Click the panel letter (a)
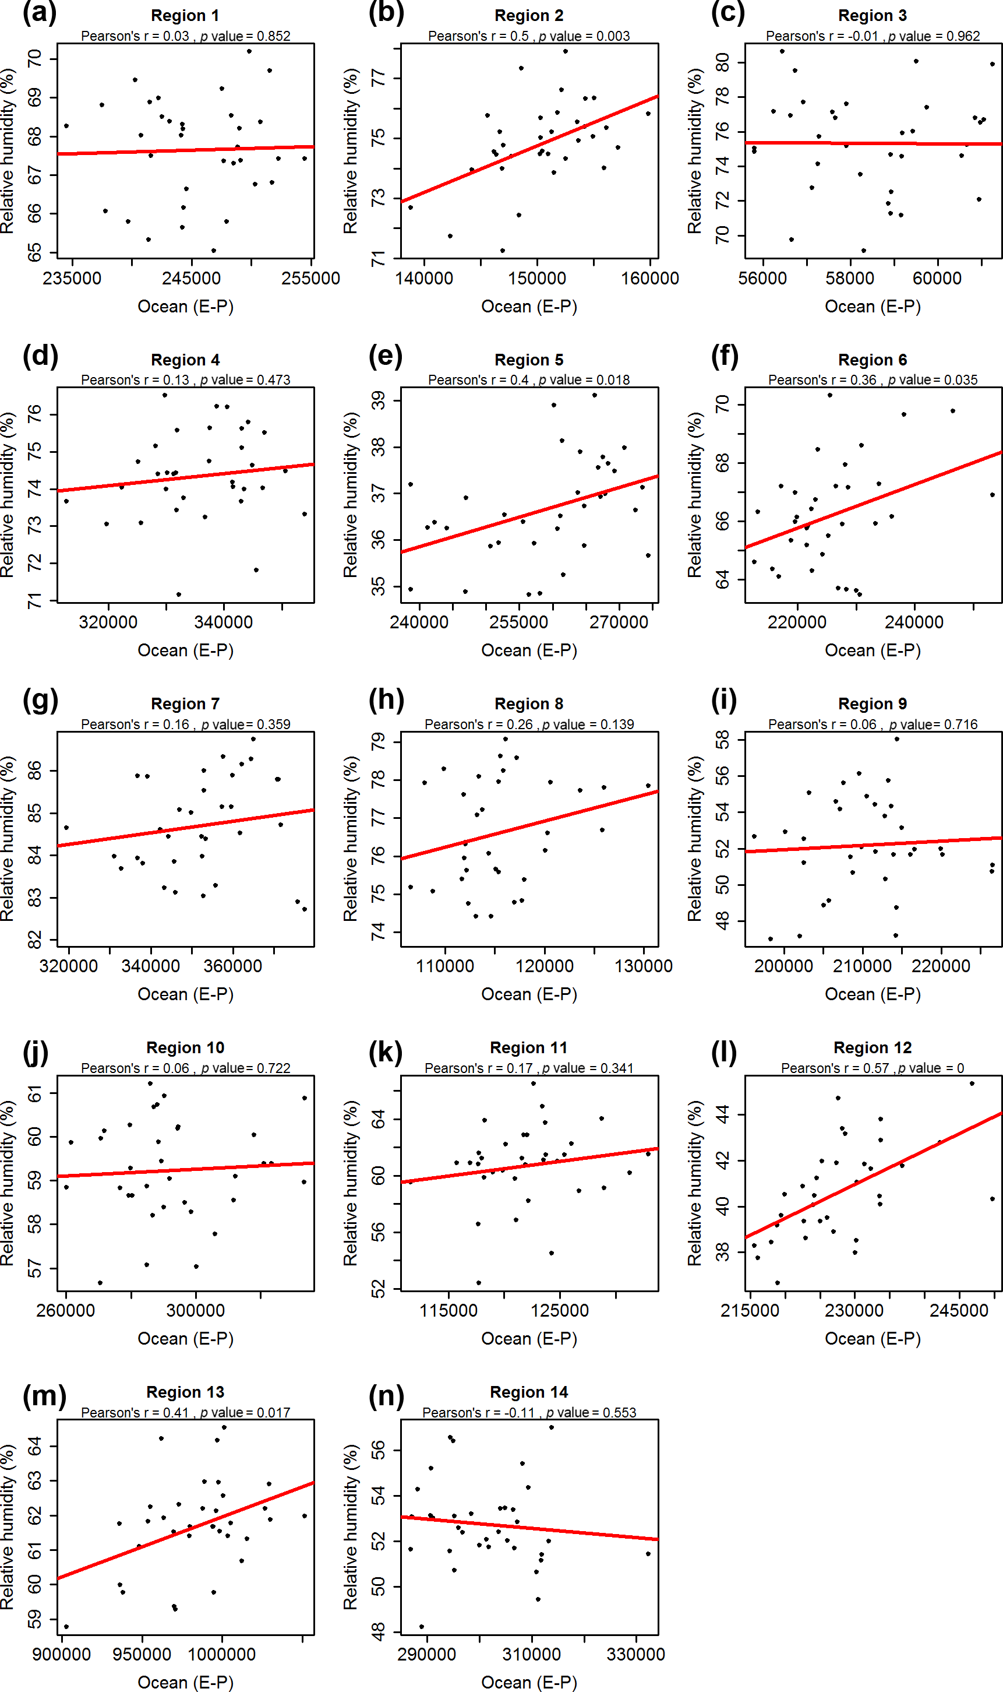point(39,13)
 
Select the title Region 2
point(528,16)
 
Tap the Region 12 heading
point(872,1047)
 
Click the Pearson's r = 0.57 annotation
point(835,1068)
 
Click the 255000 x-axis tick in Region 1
point(310,278)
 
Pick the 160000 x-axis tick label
point(649,278)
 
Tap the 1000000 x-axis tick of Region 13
point(221,1654)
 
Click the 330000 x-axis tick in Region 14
point(635,1654)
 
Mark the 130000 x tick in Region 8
point(643,966)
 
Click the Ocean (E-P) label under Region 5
point(528,650)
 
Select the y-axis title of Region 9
point(694,839)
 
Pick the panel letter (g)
point(40,701)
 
